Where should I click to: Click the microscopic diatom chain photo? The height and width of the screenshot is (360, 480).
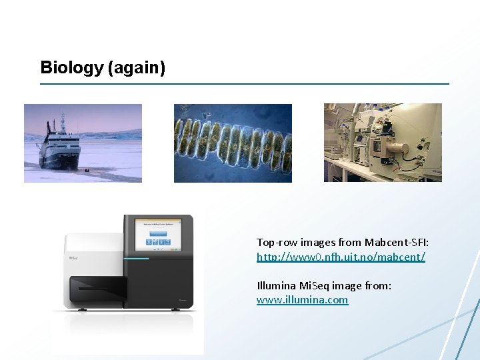tap(233, 143)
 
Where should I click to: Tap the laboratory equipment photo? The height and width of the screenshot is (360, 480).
tap(383, 143)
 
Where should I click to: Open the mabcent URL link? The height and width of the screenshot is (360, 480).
tap(341, 257)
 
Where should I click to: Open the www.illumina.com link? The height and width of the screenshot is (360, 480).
tap(302, 300)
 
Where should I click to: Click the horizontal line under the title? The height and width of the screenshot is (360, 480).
tap(245, 84)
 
